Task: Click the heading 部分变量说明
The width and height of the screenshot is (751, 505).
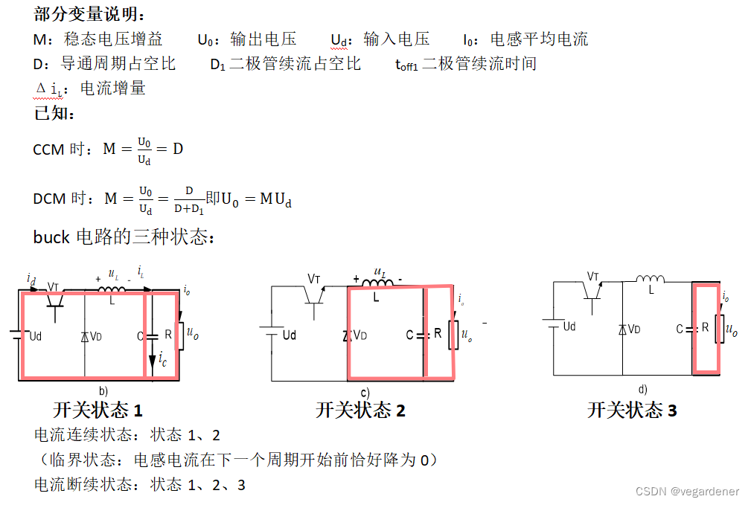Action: click(90, 14)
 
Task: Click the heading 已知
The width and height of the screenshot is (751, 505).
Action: click(54, 114)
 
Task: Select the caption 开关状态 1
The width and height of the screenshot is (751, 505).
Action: click(98, 410)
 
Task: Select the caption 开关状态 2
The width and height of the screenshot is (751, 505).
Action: click(360, 410)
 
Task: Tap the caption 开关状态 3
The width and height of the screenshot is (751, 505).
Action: click(632, 410)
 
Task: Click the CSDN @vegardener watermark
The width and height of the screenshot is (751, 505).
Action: click(687, 492)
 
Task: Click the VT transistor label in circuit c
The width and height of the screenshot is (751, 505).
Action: click(314, 279)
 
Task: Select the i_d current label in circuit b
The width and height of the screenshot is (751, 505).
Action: click(31, 279)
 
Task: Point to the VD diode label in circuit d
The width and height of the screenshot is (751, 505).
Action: click(634, 329)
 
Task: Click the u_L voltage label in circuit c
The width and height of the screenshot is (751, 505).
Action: click(380, 272)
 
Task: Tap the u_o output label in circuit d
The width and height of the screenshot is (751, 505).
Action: click(731, 329)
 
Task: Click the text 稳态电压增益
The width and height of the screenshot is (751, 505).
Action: click(113, 39)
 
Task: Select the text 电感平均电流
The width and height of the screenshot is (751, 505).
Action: click(539, 39)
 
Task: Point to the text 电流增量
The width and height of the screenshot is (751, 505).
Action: click(112, 89)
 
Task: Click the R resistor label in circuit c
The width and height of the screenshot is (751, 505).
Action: click(438, 334)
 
